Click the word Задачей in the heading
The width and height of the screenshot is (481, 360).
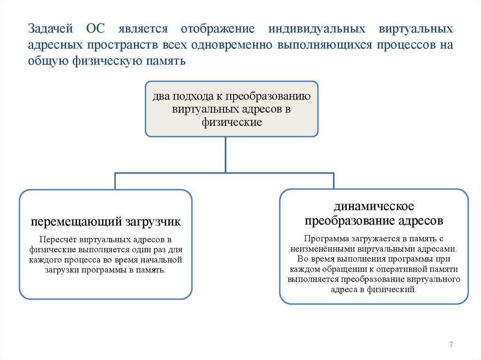click(50, 29)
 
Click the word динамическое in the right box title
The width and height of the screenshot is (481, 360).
click(373, 207)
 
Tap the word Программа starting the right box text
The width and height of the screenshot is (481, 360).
click(324, 238)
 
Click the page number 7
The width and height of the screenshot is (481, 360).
click(451, 345)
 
